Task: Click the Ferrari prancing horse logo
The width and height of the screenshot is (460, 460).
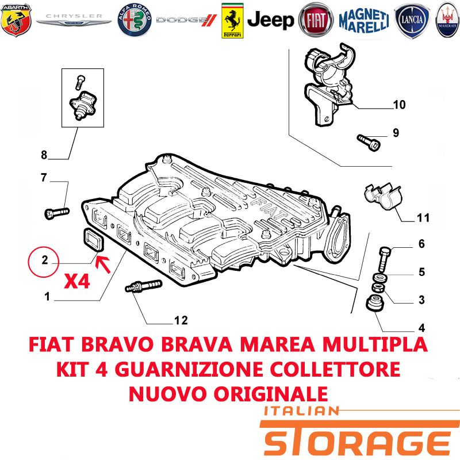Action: [232, 21]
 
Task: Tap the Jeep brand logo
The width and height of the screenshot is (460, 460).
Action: [270, 21]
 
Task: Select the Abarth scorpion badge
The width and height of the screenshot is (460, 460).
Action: [16, 20]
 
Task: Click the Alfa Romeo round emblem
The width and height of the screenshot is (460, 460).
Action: [135, 20]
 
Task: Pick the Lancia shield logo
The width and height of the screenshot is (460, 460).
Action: [412, 21]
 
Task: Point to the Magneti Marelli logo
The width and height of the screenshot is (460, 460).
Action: [364, 21]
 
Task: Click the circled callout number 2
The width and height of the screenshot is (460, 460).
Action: [44, 262]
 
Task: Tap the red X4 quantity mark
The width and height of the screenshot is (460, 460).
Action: [77, 282]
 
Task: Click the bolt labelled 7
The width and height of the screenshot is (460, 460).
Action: [56, 213]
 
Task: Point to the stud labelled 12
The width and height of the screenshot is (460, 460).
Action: [143, 286]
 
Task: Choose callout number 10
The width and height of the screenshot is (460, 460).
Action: [399, 105]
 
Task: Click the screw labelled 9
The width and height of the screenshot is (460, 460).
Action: [368, 142]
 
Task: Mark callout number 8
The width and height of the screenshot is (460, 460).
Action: [44, 155]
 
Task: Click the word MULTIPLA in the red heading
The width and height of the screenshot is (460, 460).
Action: [375, 344]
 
